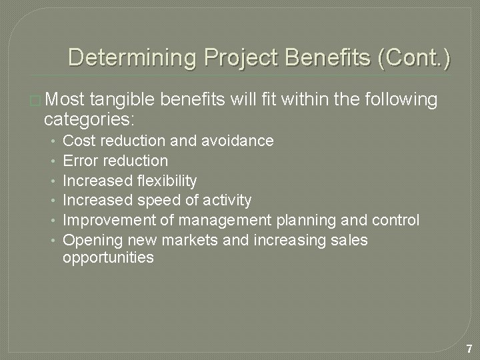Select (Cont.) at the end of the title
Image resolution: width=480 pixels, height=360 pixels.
tap(414, 58)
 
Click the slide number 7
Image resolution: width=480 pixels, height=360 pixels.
tap(469, 349)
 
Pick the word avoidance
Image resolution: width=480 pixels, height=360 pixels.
tap(241, 141)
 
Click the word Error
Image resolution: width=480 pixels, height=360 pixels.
tap(79, 161)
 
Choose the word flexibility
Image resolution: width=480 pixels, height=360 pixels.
tap(167, 181)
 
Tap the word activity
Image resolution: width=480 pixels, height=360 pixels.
tap(225, 200)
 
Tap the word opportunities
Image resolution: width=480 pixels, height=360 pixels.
tap(108, 257)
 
